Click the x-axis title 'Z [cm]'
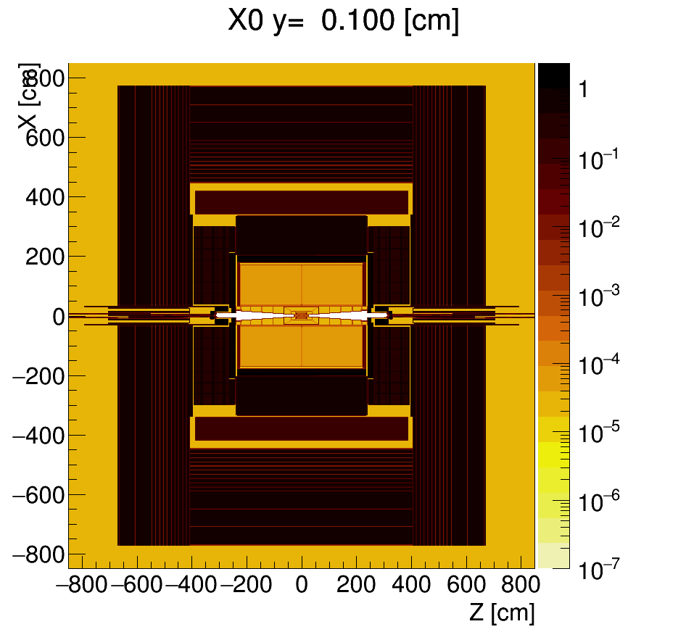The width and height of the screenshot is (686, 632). (502, 612)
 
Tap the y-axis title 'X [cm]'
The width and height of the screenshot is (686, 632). (28, 101)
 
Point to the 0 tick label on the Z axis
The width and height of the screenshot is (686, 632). (302, 585)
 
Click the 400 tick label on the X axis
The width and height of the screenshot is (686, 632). (45, 197)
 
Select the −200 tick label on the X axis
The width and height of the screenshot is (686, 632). (38, 376)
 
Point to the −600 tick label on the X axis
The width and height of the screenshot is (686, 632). (38, 495)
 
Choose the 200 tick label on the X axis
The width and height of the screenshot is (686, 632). (45, 257)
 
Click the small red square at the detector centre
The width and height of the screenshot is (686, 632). (302, 315)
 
